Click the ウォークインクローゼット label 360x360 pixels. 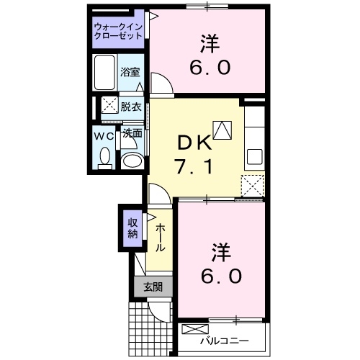117,32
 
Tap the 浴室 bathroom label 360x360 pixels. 130,73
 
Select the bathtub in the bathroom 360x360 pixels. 106,72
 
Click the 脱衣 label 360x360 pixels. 130,106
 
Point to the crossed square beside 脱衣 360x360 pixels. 109,106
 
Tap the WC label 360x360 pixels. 104,135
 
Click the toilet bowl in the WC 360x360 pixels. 105,157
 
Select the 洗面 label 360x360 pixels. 131,133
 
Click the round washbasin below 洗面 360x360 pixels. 131,161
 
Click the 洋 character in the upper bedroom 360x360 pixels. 210,44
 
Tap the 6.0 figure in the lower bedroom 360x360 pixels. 221,275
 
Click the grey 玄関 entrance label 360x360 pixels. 153,287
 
